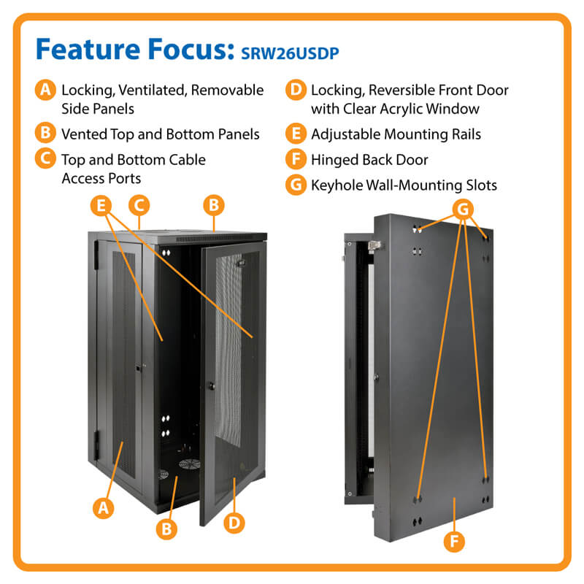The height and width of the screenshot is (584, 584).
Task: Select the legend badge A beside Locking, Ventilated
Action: point(45,91)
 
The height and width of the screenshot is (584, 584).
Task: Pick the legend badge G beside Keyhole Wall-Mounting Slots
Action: point(296,185)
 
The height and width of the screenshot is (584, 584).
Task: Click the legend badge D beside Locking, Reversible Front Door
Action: point(296,91)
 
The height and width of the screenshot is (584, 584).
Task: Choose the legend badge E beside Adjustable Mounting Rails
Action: point(296,134)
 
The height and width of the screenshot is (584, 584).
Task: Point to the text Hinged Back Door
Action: point(369,160)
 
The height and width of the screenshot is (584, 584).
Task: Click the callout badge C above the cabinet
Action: point(139,205)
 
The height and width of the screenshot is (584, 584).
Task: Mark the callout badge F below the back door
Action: point(453,541)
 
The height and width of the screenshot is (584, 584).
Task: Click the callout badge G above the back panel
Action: point(462,210)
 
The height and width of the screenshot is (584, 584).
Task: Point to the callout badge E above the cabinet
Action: point(102,205)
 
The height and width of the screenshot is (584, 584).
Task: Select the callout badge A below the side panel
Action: point(104,507)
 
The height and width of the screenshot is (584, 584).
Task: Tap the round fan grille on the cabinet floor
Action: point(188,466)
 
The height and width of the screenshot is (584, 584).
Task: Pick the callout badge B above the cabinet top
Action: point(213,205)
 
